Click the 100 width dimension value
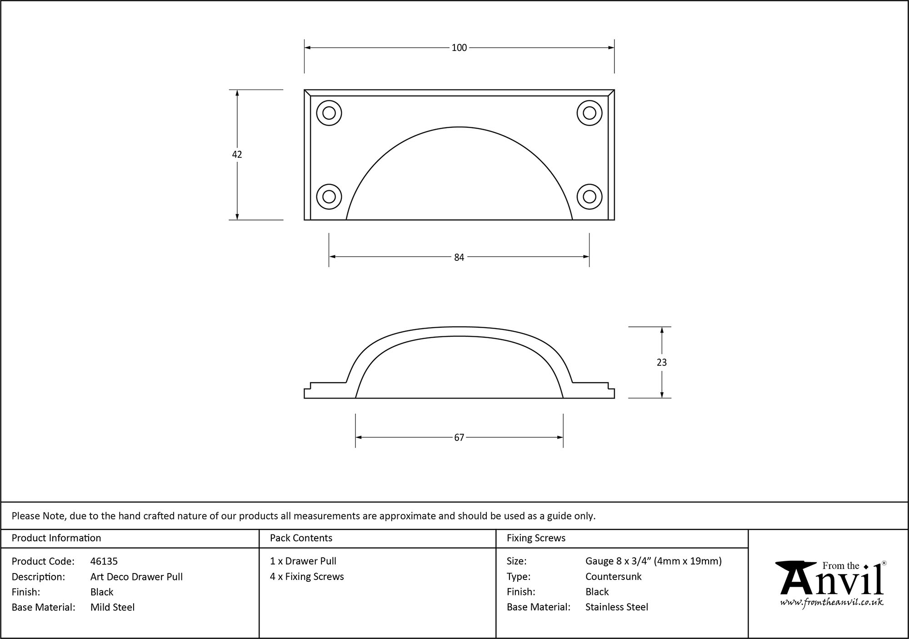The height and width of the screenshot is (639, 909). click(x=459, y=48)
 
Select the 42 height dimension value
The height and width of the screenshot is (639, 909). click(x=237, y=155)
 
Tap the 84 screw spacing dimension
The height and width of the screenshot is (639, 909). click(x=459, y=257)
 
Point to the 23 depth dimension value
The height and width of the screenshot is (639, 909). click(x=662, y=362)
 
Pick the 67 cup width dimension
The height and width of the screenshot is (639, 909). click(x=459, y=437)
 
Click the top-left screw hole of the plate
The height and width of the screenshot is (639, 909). click(x=329, y=113)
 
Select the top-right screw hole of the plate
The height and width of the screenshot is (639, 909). click(x=589, y=113)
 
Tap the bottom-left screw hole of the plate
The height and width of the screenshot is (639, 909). click(x=329, y=197)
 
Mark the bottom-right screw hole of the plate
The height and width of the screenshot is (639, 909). click(x=589, y=197)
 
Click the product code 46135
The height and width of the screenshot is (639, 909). click(x=104, y=561)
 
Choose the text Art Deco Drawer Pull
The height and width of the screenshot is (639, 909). click(x=136, y=577)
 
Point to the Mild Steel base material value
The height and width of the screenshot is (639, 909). click(x=112, y=607)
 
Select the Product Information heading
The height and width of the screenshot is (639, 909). click(x=56, y=538)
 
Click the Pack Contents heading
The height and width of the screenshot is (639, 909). click(x=301, y=538)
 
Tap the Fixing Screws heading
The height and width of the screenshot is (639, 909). click(x=536, y=538)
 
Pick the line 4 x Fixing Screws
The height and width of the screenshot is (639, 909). click(x=307, y=577)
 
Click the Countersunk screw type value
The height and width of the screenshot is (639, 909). click(x=613, y=577)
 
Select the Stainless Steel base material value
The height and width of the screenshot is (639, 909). click(x=617, y=607)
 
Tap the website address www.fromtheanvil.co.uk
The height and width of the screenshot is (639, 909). click(x=832, y=602)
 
